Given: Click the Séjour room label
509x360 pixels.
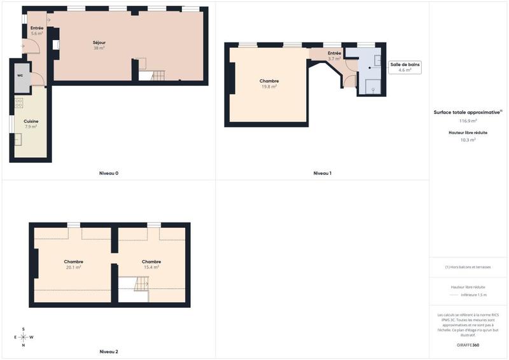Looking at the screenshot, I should click(x=99, y=45).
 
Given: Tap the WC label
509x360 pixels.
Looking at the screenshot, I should click(x=20, y=75).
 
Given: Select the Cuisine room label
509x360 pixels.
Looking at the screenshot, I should click(x=31, y=123).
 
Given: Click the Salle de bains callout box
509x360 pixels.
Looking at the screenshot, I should click(x=405, y=67).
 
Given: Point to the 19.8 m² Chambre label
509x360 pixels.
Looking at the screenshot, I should click(x=269, y=83).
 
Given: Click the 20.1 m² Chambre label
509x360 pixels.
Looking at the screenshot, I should click(x=73, y=264).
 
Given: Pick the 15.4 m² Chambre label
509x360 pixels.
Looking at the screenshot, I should click(x=151, y=264).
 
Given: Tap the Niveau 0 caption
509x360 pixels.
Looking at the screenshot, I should click(x=109, y=173).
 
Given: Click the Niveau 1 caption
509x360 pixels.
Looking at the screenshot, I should click(x=323, y=173).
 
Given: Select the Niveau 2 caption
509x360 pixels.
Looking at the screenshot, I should click(x=109, y=351).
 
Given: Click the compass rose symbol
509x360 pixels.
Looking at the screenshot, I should click(x=24, y=337).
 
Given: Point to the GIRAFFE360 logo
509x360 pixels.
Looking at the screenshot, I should click(x=468, y=345).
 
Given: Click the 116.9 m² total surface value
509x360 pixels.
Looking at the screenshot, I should click(x=468, y=120).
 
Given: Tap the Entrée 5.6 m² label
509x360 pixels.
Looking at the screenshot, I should click(x=37, y=31).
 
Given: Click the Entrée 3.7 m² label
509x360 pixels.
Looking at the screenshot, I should click(x=335, y=55).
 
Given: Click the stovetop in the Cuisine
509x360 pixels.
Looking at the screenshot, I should click(x=18, y=102).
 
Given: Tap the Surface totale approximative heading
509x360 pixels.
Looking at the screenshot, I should click(x=467, y=111).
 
